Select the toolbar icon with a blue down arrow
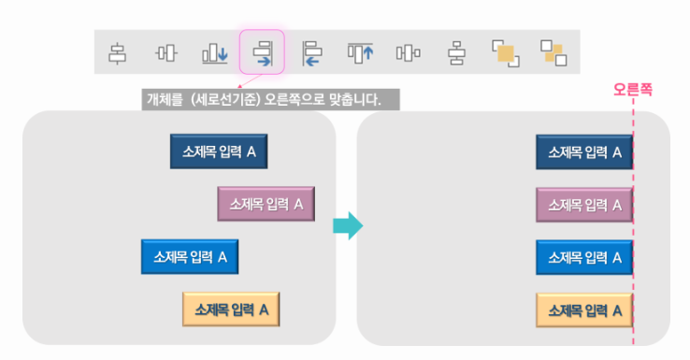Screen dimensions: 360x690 215,53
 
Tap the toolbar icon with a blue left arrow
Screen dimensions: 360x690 311,53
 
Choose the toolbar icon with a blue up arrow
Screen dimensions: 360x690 360,53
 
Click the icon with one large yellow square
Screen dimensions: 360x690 505,53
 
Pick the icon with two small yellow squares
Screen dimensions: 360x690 553,53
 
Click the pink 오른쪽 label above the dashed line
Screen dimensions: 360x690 632,90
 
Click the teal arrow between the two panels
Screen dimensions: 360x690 347,225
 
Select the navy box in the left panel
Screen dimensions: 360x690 218,151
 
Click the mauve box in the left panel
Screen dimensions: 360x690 266,203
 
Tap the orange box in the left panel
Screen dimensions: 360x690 231,309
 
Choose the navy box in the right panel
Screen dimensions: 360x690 584,151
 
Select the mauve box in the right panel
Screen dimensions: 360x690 584,204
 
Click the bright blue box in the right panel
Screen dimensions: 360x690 584,256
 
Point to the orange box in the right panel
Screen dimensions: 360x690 584,309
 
